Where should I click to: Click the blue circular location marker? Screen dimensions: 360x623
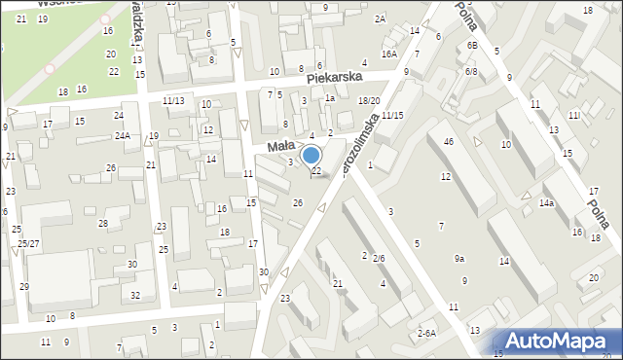pyautogui.click(x=311, y=155)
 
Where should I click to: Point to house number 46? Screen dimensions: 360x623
pyautogui.click(x=449, y=143)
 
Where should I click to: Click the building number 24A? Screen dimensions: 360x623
pyautogui.click(x=122, y=135)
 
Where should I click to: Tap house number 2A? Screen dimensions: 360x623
pyautogui.click(x=380, y=18)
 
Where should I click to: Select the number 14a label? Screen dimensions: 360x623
pyautogui.click(x=547, y=202)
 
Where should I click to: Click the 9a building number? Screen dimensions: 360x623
pyautogui.click(x=458, y=258)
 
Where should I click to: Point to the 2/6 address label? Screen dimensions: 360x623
pyautogui.click(x=379, y=258)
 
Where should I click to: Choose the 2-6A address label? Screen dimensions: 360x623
pyautogui.click(x=426, y=333)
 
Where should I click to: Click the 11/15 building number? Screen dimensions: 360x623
pyautogui.click(x=392, y=116)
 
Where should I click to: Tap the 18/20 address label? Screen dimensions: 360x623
pyautogui.click(x=368, y=100)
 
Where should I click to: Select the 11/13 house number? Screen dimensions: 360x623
pyautogui.click(x=173, y=100)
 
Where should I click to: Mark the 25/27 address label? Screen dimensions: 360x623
pyautogui.click(x=28, y=242)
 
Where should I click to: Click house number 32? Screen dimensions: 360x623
pyautogui.click(x=135, y=295)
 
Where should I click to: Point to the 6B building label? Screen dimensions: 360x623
pyautogui.click(x=472, y=46)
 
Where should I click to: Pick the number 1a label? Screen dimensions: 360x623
pyautogui.click(x=331, y=98)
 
